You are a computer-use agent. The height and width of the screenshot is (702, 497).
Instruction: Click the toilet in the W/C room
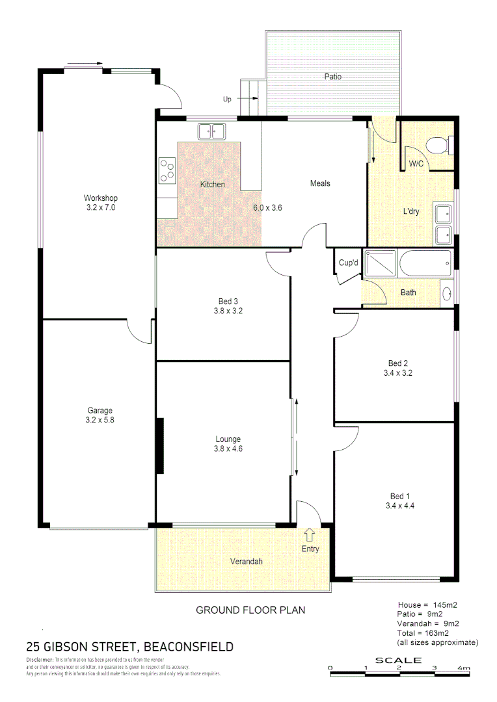click(438, 145)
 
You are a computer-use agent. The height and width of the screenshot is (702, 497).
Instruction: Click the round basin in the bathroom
click(446, 292)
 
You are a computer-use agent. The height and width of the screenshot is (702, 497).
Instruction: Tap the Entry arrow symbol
click(310, 534)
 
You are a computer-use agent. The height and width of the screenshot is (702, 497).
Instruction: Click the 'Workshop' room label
click(100, 198)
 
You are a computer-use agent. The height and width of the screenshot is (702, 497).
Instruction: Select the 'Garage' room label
click(100, 410)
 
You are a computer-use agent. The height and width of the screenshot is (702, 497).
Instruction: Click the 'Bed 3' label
click(228, 301)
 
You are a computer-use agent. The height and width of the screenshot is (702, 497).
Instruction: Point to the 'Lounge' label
click(228, 439)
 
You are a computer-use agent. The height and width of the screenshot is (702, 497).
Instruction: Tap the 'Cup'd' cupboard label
click(348, 263)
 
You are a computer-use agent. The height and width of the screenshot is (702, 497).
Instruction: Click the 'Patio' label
click(333, 77)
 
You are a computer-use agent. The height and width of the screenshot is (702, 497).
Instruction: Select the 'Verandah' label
click(247, 561)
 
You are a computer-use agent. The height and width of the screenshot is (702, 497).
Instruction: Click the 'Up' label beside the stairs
click(227, 99)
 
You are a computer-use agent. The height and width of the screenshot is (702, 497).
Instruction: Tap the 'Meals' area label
click(319, 183)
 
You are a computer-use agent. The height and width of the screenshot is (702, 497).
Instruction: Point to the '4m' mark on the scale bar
click(463, 668)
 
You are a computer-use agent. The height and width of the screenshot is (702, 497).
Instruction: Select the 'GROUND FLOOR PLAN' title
click(250, 610)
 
